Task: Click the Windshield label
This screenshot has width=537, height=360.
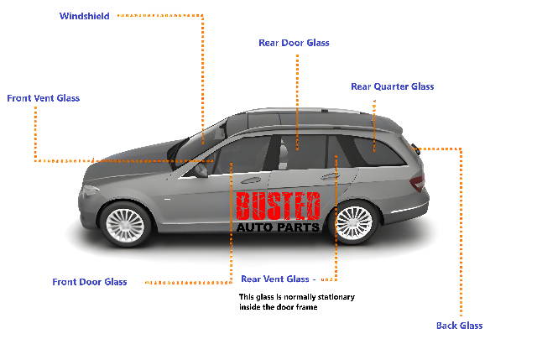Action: point(84,16)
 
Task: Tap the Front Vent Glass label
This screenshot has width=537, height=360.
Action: point(43,98)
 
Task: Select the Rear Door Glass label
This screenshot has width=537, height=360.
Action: point(294,43)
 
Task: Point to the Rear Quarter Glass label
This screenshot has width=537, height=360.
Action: point(393,86)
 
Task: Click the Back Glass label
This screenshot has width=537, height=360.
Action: point(459,326)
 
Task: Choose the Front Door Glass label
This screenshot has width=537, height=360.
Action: point(90,282)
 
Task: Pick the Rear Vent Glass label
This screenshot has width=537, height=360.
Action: point(275,279)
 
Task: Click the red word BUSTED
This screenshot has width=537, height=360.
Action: point(278,206)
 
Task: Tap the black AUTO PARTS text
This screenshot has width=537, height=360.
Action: point(278,227)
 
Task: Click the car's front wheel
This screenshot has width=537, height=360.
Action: point(125,225)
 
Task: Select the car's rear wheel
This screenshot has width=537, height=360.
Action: point(354,222)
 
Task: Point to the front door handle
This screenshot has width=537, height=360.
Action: point(251,180)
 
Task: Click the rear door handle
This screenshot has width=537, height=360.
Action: point(329,176)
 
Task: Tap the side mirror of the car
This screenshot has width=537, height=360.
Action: point(201,170)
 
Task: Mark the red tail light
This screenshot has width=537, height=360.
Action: point(418,183)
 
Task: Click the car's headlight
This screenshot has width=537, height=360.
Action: point(90,190)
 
